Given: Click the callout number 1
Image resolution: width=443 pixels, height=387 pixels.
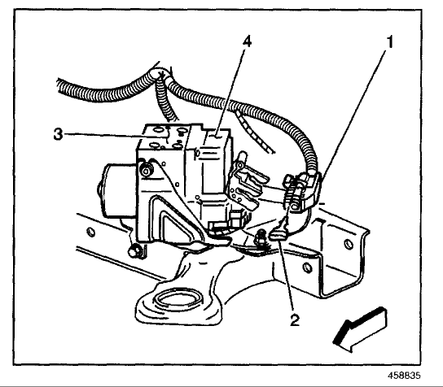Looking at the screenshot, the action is click(389, 42).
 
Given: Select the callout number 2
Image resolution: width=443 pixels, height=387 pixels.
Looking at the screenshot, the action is click(295, 320).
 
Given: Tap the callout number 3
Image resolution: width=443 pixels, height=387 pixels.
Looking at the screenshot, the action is click(58, 134).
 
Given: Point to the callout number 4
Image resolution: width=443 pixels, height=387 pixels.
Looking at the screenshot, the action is click(247, 42).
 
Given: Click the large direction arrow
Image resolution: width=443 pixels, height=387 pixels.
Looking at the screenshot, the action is click(360, 329).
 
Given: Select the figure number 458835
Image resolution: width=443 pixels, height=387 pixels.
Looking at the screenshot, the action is click(404, 376).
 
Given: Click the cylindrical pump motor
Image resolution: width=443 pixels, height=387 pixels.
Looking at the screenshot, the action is click(118, 191).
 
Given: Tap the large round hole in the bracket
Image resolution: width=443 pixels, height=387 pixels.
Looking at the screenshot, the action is click(179, 300).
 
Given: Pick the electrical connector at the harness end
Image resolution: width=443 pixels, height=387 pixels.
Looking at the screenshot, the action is click(303, 192).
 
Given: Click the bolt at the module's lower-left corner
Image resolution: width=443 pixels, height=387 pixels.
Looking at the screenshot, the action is click(134, 251).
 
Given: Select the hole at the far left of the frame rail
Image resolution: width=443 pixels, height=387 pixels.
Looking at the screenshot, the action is click(91, 232).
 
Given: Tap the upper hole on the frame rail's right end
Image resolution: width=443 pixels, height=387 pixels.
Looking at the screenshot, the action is click(349, 243).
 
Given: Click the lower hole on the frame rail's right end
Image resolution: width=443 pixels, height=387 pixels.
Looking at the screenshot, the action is click(307, 267).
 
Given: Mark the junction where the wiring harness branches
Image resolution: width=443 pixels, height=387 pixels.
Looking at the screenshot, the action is click(162, 75).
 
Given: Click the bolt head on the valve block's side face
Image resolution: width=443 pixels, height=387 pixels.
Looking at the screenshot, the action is click(146, 171).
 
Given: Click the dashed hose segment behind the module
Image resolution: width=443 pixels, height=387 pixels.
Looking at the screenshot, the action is click(255, 132).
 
